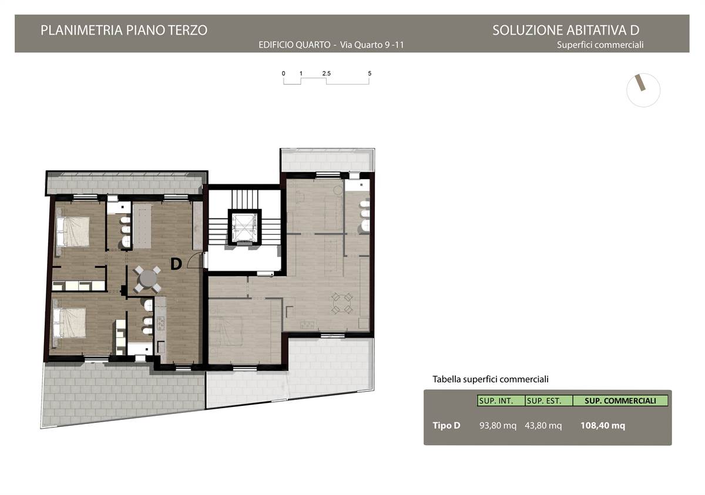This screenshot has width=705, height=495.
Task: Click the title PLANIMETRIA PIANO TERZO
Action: click(124, 30)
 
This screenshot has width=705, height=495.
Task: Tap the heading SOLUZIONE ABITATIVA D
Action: click(566, 30)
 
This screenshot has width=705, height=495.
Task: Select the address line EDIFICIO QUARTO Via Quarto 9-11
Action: click(331, 45)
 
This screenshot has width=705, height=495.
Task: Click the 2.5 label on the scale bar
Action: click(327, 73)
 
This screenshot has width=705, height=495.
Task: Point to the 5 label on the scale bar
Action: click(370, 73)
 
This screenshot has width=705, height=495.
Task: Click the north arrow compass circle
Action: click(643, 90)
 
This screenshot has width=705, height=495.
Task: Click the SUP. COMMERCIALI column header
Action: click(620, 400)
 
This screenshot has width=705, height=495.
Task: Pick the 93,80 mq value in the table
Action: click(498, 426)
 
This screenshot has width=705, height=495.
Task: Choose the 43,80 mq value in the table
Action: click(543, 426)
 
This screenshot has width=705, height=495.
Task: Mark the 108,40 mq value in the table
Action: click(603, 426)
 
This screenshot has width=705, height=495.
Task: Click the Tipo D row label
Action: click(446, 426)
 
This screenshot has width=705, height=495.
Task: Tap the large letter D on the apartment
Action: click(176, 264)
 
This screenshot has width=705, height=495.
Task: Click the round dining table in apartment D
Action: click(147, 279)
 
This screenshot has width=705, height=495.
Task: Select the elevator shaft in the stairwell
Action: click(244, 227)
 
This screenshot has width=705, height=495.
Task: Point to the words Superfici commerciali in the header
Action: click(600, 45)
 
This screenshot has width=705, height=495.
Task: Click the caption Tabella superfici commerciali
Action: click(491, 379)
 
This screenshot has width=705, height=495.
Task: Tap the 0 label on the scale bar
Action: click(284, 73)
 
